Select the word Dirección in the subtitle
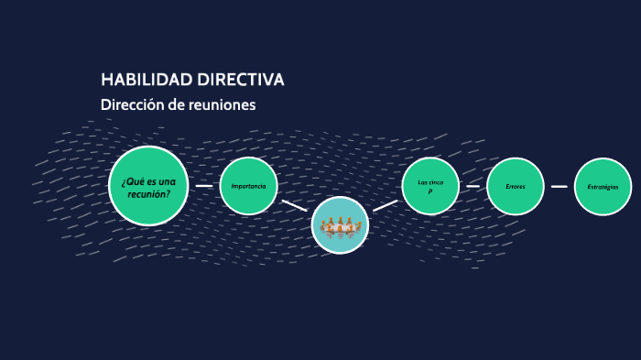132,104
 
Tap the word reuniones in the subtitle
220,104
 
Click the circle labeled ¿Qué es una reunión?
148,186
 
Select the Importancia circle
248,186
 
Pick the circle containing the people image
340,225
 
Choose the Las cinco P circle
430,186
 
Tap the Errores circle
516,187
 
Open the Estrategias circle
603,187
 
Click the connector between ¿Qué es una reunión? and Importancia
204,186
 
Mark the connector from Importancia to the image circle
294,205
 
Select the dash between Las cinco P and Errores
473,186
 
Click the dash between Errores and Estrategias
560,186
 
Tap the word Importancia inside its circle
248,186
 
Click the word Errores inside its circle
516,187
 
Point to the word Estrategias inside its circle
603,187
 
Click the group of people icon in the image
340,226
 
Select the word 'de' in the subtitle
175,104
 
